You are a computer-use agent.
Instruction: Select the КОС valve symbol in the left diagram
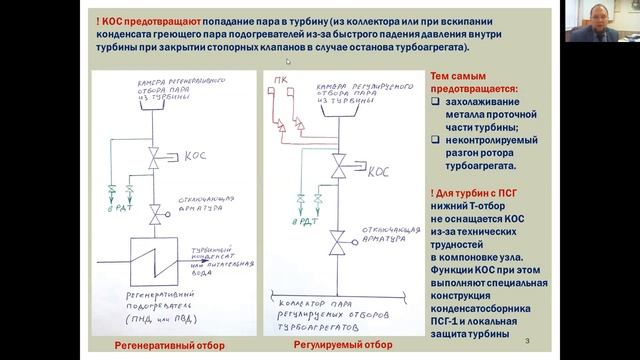pos(158,157)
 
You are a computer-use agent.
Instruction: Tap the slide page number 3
pos(527,343)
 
